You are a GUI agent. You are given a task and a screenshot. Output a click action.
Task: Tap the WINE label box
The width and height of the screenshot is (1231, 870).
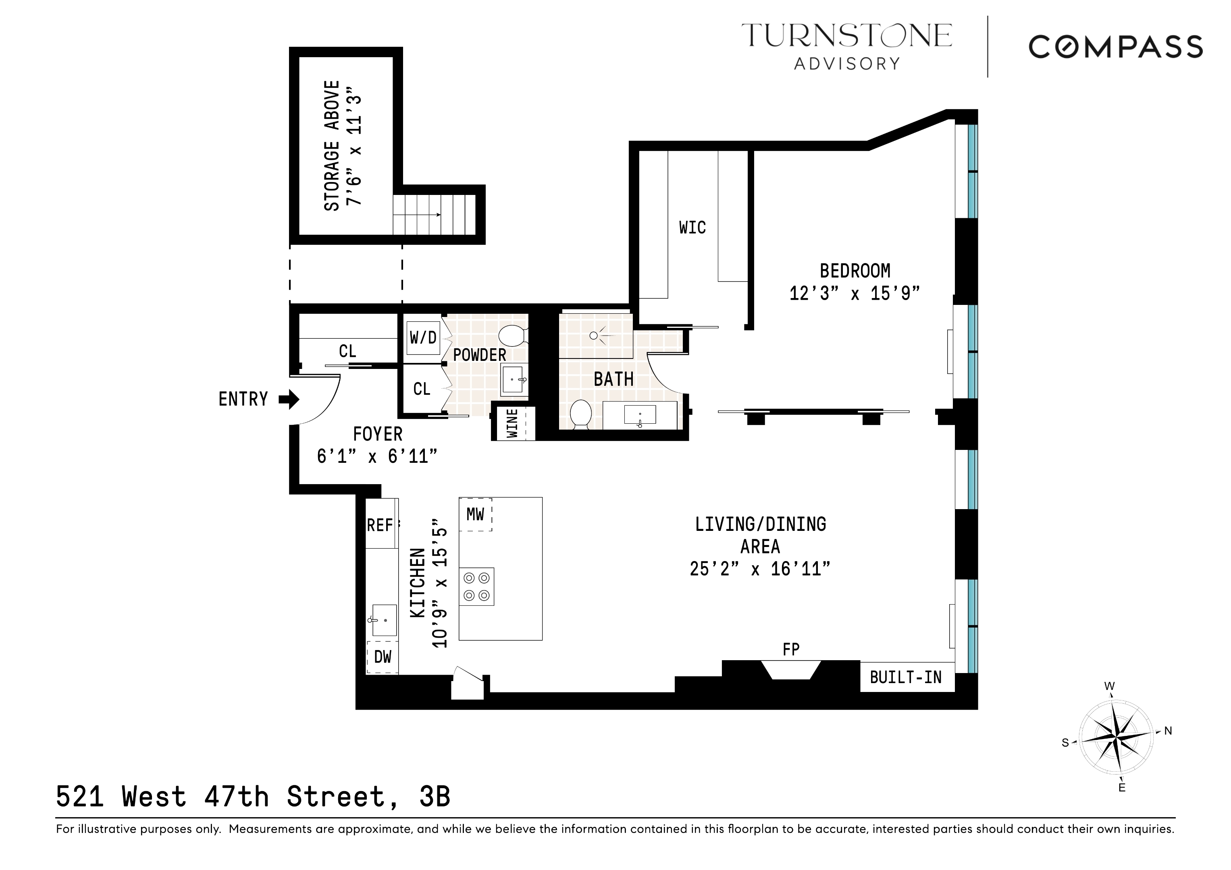tap(513, 423)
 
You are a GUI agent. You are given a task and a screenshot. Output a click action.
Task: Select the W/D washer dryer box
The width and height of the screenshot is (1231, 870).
tap(423, 338)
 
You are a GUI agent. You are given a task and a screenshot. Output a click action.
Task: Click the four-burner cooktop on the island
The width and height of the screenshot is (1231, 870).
tap(476, 586)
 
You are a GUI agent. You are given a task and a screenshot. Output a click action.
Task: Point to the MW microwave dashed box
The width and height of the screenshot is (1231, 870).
tap(475, 514)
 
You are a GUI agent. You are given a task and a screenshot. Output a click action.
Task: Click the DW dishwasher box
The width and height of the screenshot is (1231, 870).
tap(382, 657)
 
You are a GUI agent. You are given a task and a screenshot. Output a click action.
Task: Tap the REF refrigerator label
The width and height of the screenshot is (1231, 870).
tap(380, 525)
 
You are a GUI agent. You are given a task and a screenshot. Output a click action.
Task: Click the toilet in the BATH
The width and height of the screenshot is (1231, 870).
tap(580, 414)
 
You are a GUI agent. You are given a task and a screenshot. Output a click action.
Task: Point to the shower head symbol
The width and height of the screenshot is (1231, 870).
tap(593, 336)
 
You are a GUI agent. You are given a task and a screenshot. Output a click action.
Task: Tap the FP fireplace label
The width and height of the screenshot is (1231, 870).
tap(791, 649)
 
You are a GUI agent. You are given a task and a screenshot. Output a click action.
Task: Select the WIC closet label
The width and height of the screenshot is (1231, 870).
tap(692, 228)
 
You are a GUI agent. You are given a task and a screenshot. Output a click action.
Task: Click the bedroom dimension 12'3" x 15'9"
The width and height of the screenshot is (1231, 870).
tap(855, 294)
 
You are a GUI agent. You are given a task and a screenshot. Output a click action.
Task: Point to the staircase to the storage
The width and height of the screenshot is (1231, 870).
tap(434, 215)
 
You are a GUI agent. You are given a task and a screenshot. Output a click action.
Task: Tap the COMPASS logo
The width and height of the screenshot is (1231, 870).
tap(1115, 47)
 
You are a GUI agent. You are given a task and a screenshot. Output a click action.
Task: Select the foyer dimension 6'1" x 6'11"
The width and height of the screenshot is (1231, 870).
tap(377, 456)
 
